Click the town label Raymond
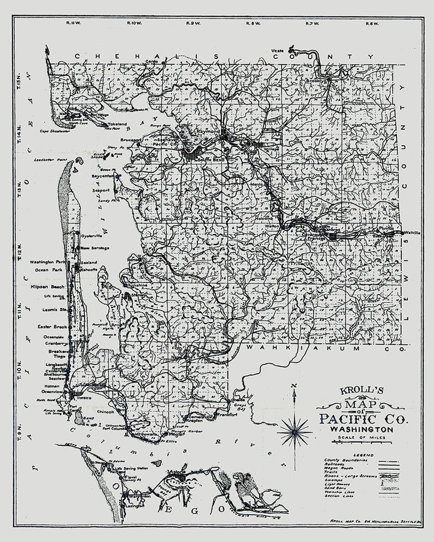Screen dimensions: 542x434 coord(208,132)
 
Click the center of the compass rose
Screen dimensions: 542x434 coord(294,431)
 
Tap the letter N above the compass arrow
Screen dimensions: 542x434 coord(294,386)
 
